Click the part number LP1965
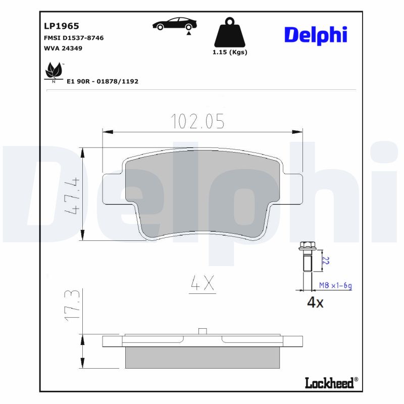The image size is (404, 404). pyautogui.click(x=62, y=26)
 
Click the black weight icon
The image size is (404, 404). pyautogui.click(x=230, y=33)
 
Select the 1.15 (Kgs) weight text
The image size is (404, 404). pyautogui.click(x=230, y=52)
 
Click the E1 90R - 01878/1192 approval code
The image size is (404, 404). pyautogui.click(x=103, y=81)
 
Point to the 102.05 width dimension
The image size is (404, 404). pyautogui.click(x=197, y=121)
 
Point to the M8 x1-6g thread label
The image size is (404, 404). pyautogui.click(x=335, y=286)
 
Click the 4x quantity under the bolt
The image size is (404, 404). pyautogui.click(x=315, y=302)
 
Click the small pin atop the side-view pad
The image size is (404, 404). pyautogui.click(x=202, y=331)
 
